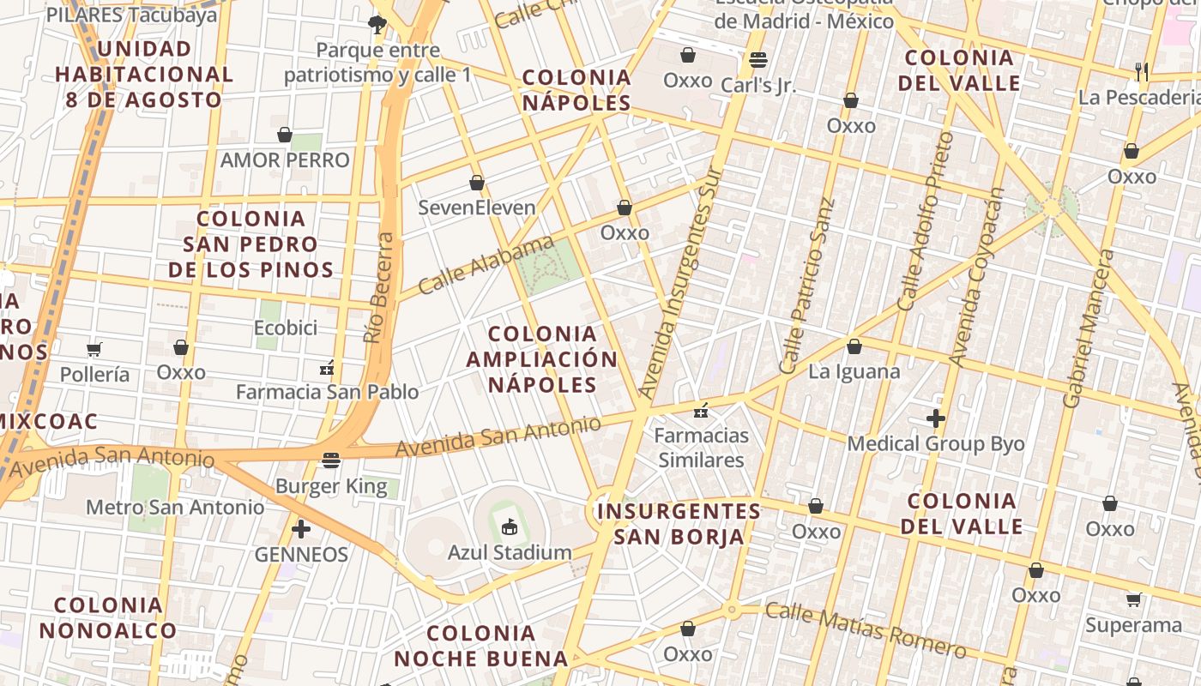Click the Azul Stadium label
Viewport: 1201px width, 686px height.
[x=510, y=552]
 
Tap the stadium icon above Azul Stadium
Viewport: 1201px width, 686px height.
[x=510, y=527]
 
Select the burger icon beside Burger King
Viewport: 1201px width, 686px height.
[x=331, y=460]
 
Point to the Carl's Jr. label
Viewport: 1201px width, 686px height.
[x=758, y=85]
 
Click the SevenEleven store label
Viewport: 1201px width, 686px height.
[x=477, y=208]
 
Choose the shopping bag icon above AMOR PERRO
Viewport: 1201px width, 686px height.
[x=285, y=135]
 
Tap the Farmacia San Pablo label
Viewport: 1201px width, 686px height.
[x=328, y=392]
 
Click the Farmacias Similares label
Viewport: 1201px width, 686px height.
[x=701, y=448]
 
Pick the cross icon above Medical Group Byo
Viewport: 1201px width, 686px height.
[x=936, y=418]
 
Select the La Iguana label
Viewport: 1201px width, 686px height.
[x=854, y=371]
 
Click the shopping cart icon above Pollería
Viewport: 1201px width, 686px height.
[x=94, y=349]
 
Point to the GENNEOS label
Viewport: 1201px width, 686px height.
[x=301, y=555]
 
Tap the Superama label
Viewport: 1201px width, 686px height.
[x=1133, y=625]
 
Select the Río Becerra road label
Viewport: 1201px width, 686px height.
[x=379, y=288]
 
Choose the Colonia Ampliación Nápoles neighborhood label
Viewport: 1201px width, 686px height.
[x=542, y=358]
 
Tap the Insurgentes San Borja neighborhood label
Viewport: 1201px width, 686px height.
[x=679, y=524]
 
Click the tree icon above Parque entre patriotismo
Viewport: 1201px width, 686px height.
[x=377, y=23]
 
